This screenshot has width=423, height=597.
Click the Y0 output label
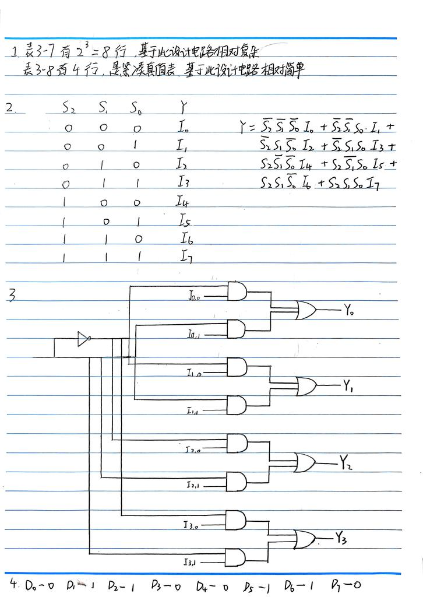pos(348,312)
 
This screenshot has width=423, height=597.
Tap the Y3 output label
pos(341,539)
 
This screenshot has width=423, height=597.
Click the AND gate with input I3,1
pos(236,557)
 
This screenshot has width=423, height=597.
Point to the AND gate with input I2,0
pos(237,443)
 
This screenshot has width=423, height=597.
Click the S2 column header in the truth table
pos(69,107)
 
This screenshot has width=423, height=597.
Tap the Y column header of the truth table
pos(184,107)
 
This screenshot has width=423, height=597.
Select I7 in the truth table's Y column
pos(185,256)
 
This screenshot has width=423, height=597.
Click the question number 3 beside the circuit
pos(11,295)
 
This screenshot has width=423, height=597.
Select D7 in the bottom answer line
pos(337,585)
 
